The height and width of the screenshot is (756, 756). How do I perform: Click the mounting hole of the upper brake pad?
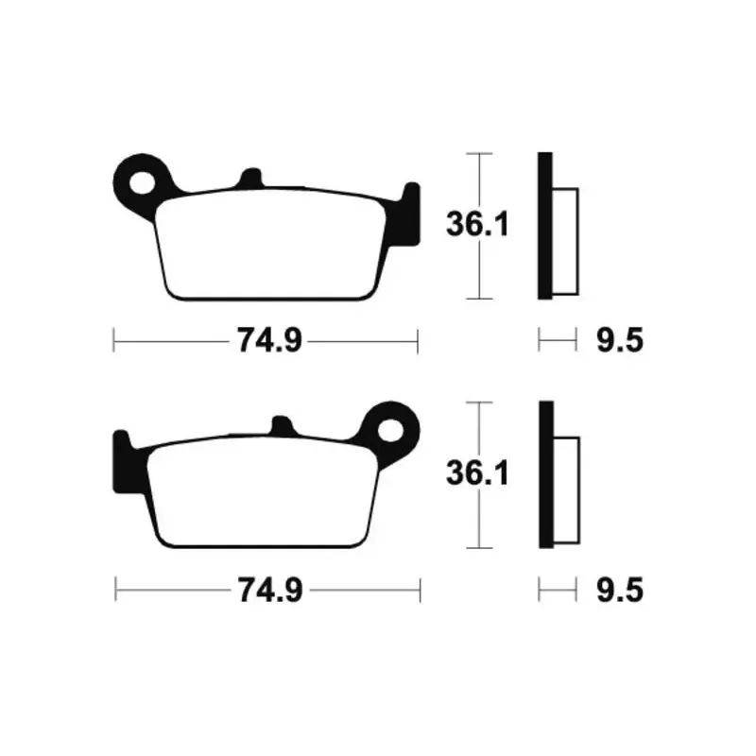143,183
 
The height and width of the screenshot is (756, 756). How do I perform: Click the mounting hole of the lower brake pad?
390,430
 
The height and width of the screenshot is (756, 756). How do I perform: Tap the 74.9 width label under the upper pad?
269,341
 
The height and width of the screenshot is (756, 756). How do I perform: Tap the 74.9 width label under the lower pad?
270,590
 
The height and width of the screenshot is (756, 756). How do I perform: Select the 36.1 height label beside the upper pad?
477,225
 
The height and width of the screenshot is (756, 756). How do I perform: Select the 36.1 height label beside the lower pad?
477,473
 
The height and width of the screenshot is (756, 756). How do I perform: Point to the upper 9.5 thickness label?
620,340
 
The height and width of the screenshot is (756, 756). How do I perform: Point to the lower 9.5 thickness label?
620,590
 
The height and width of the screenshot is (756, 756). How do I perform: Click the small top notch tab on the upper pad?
250,178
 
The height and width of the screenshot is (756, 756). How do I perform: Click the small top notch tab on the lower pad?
283,425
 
